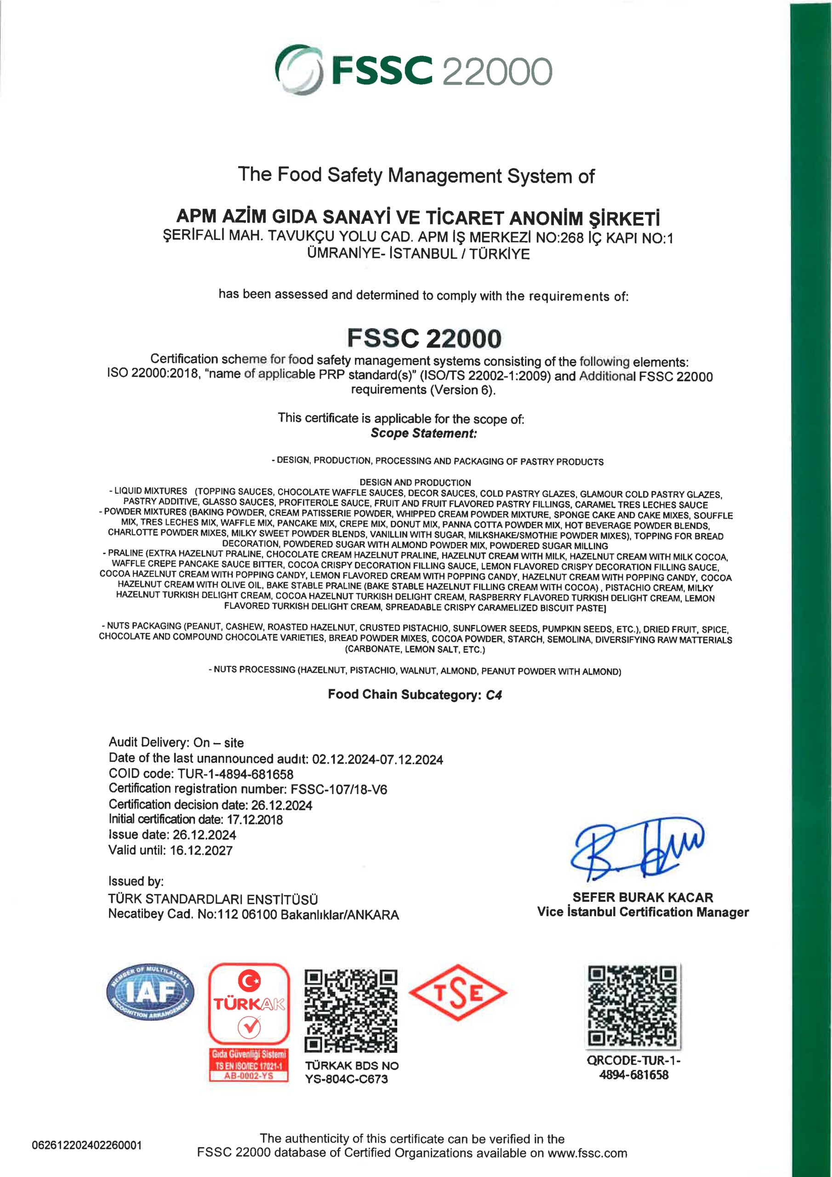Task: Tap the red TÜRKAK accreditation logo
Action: (x=249, y=1022)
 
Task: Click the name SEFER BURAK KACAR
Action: (x=642, y=897)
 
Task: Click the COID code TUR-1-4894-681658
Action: (x=236, y=774)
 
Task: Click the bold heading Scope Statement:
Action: (x=423, y=433)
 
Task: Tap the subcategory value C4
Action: (x=494, y=695)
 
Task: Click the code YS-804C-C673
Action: (x=347, y=1079)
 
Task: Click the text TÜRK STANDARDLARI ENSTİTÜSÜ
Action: (x=213, y=899)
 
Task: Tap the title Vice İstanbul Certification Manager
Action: (x=643, y=912)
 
